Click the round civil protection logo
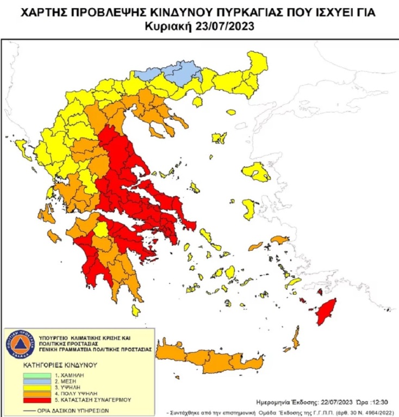pyautogui.click(x=20, y=344)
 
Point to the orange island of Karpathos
pyautogui.click(x=296, y=338)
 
